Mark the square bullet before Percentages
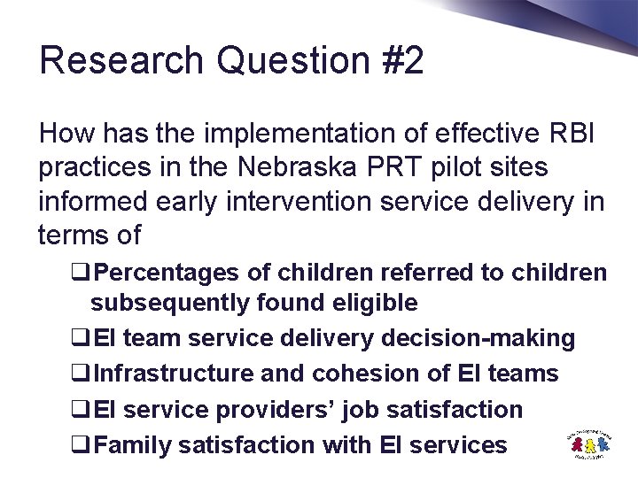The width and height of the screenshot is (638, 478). coord(82,274)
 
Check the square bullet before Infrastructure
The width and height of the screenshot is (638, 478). coord(82,374)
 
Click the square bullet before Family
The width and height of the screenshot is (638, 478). coord(82,446)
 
